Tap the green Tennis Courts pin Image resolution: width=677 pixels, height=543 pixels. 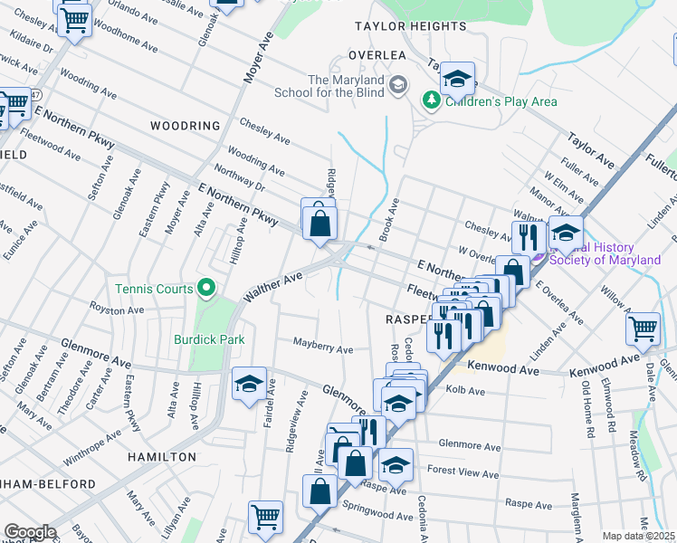tap(206, 289)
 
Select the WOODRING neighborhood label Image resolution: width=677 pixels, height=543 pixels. tap(185, 126)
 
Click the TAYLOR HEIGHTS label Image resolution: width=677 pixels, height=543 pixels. tap(410, 26)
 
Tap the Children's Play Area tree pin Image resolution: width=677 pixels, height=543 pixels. tap(433, 100)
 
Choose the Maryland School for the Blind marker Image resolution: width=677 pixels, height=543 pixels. tap(397, 86)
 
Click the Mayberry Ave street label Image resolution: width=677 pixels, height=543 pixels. tap(322, 346)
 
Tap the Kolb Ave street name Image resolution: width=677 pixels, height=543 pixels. tap(465, 392)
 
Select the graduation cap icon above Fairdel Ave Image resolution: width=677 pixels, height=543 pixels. tap(249, 383)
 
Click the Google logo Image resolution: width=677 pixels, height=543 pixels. tap(29, 532)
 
